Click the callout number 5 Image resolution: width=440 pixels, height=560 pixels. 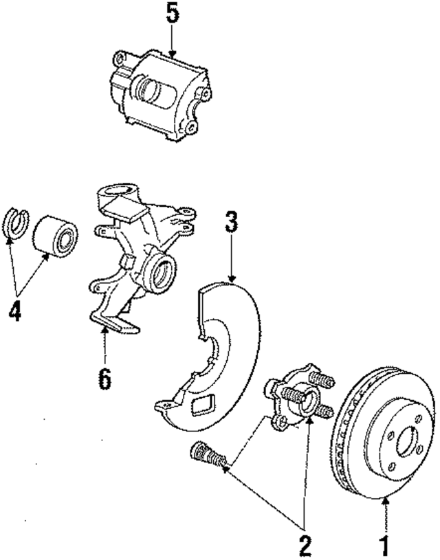(173, 14)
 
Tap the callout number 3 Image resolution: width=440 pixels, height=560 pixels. (232, 223)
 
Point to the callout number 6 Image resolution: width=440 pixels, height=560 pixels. (105, 377)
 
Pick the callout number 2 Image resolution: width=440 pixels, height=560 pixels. (304, 544)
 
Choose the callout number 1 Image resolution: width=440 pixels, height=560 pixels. (387, 546)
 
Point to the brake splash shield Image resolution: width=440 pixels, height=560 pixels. (220, 357)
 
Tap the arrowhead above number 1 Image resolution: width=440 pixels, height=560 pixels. (386, 502)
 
